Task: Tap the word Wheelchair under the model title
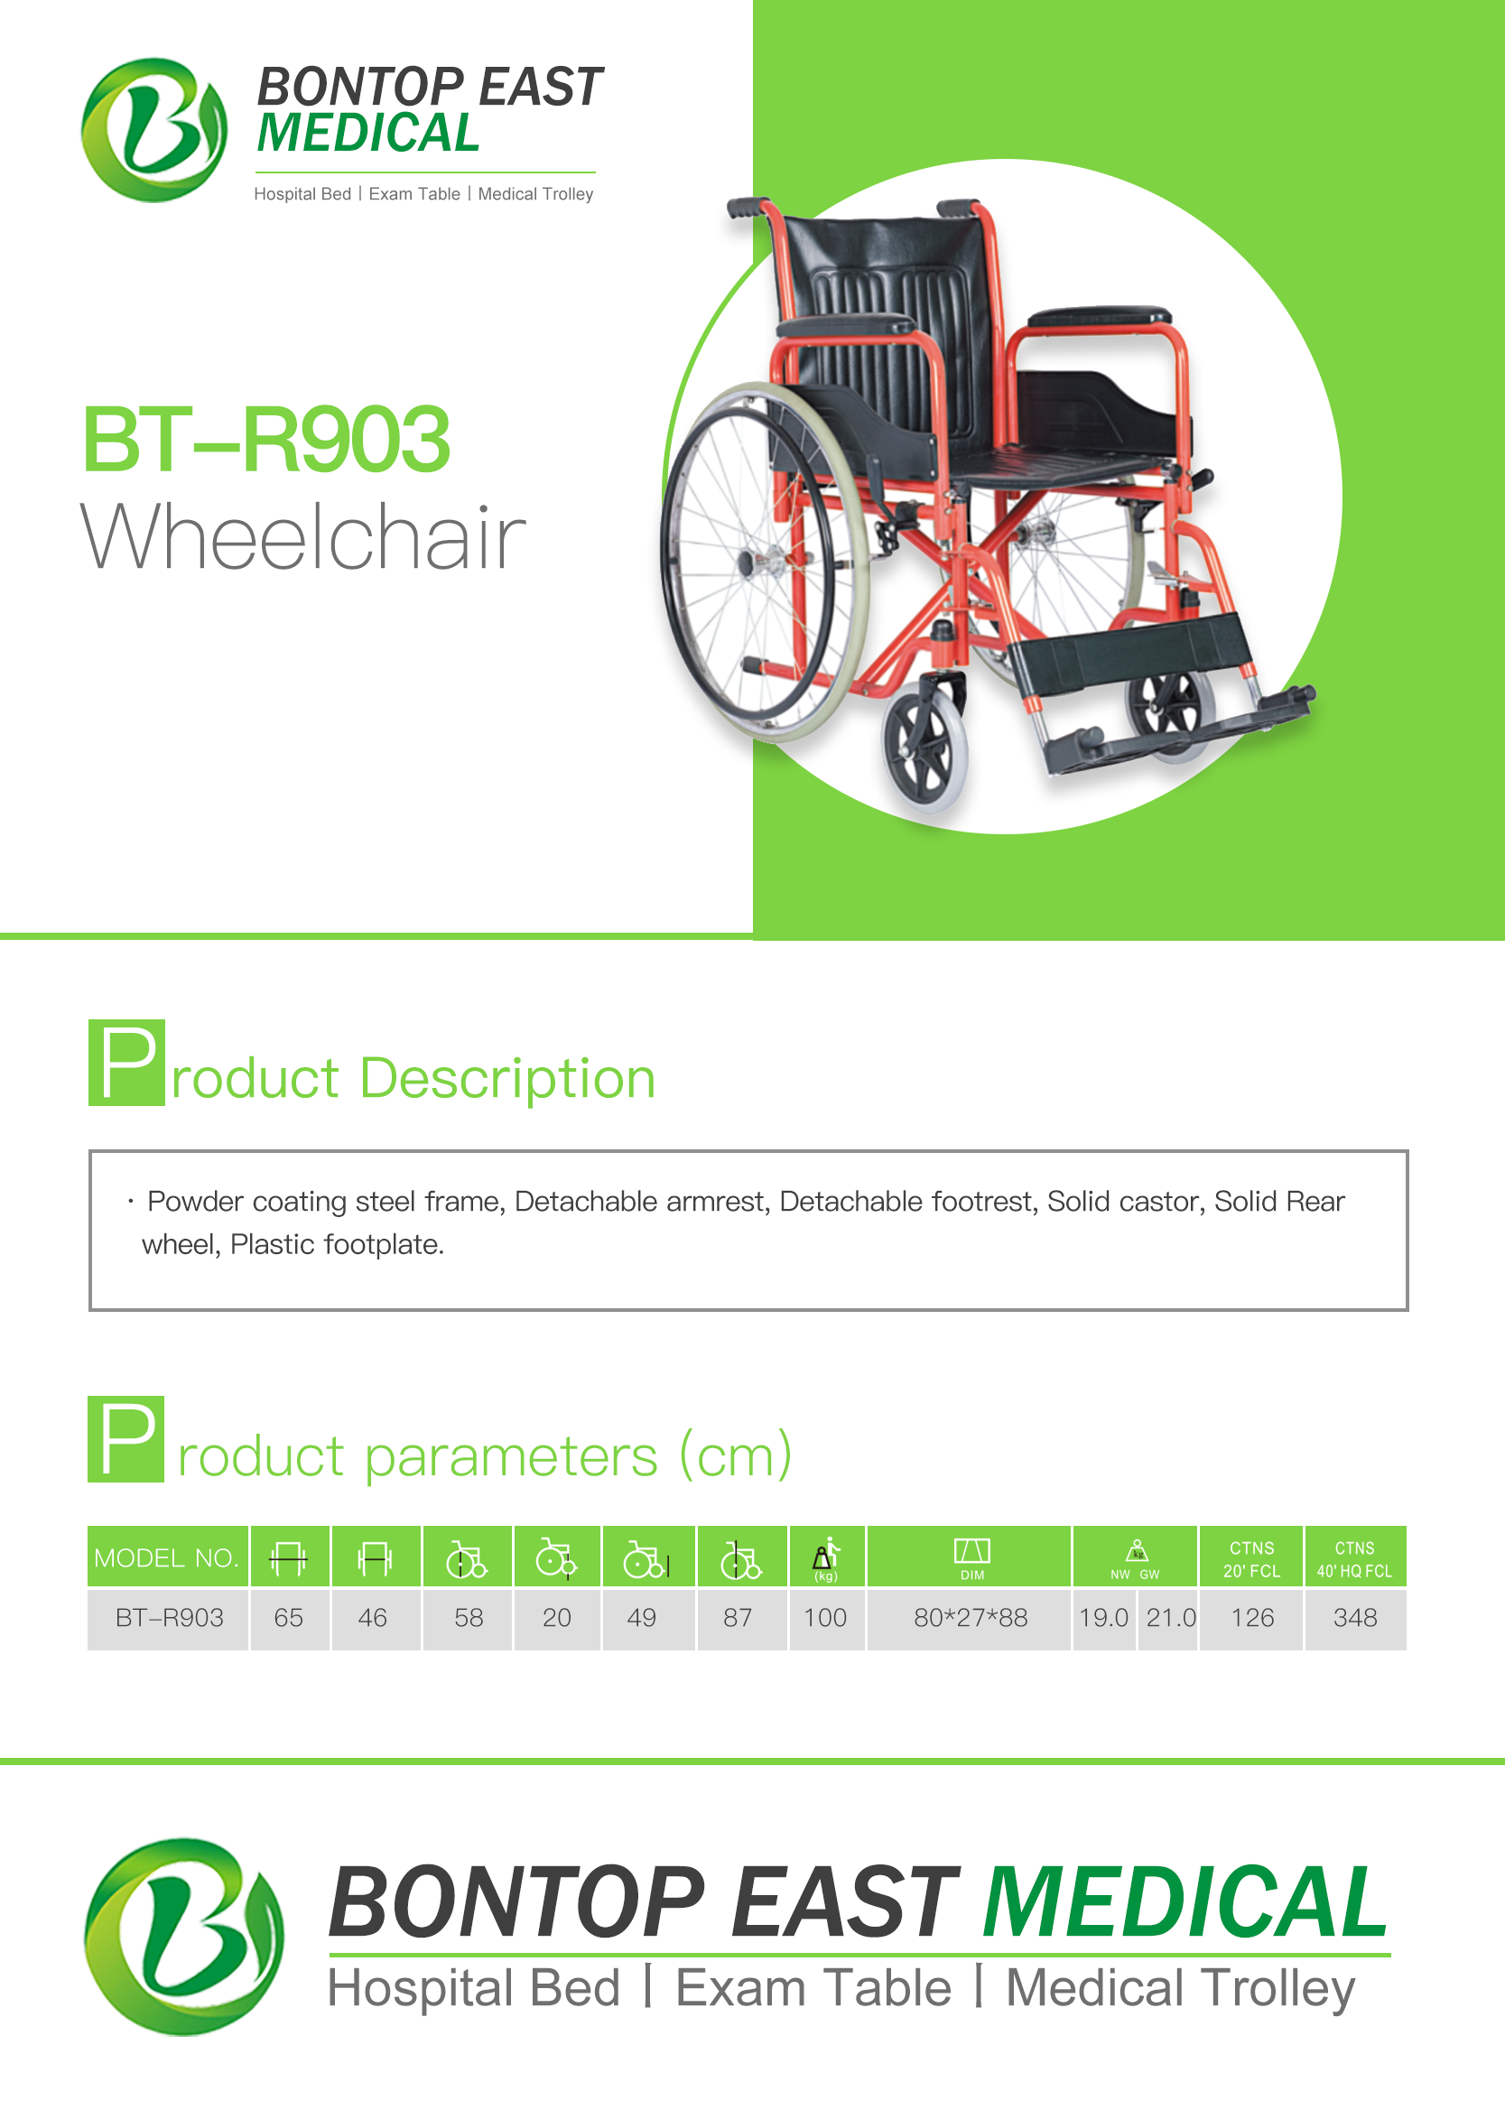pos(303,536)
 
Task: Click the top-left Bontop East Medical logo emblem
pos(153,130)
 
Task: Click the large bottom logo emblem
pos(183,1936)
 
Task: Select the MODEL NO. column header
pos(167,1557)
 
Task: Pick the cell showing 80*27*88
pos(971,1618)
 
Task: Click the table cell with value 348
pos(1355,1618)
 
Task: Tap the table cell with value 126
pos(1252,1618)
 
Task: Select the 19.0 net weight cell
pos(1104,1618)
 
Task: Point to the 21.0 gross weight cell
pos(1170,1618)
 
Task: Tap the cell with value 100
pos(825,1618)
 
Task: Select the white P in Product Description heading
pos(128,1063)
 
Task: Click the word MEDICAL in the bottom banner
pos(1185,1902)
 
